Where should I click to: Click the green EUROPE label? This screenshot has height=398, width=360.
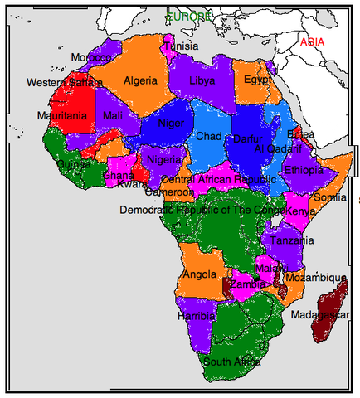point(188,17)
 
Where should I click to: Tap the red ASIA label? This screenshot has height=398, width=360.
point(313,42)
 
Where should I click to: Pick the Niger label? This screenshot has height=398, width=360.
point(169,124)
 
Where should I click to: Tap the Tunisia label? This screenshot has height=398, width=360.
point(181,46)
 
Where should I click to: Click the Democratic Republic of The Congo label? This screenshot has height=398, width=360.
point(202,211)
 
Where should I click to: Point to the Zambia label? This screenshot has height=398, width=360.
point(248,284)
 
